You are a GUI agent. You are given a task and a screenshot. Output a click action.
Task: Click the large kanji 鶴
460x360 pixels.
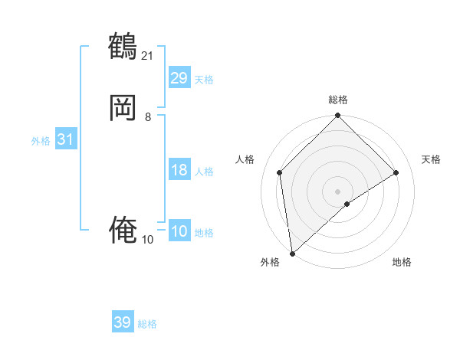[123, 47]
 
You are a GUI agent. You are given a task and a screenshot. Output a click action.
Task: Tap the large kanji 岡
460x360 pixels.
[123, 107]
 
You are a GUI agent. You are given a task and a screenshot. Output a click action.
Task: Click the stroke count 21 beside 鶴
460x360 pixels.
[147, 56]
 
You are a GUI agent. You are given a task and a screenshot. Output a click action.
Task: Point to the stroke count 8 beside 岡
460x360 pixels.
[148, 117]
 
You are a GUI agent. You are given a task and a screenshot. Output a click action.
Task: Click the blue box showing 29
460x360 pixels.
[179, 77]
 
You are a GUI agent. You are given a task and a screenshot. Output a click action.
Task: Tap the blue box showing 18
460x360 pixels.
[179, 170]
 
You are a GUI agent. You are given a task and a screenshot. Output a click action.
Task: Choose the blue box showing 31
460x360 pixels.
[65, 139]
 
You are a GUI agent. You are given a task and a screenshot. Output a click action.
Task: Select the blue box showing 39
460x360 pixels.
[123, 322]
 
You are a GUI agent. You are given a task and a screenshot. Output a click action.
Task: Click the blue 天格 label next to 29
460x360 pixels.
[204, 79]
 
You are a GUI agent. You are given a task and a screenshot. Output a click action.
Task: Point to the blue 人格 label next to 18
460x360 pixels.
[204, 172]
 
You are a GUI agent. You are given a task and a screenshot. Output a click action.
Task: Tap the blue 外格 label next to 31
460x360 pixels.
[41, 141]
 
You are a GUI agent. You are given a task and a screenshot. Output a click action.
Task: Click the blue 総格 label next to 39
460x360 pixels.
[147, 324]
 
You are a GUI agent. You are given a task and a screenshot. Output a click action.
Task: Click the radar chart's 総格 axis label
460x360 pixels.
[338, 100]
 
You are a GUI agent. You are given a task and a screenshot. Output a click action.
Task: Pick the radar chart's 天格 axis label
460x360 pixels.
[431, 159]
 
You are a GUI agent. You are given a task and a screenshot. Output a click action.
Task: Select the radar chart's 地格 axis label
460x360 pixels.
[402, 262]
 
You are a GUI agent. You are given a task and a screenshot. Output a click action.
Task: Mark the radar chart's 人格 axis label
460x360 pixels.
[245, 159]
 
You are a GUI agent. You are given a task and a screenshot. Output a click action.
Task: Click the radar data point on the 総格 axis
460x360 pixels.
[338, 116]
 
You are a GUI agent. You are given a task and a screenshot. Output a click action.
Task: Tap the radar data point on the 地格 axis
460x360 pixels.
[347, 204]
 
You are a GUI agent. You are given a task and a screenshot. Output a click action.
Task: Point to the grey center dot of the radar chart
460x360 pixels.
[338, 191]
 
